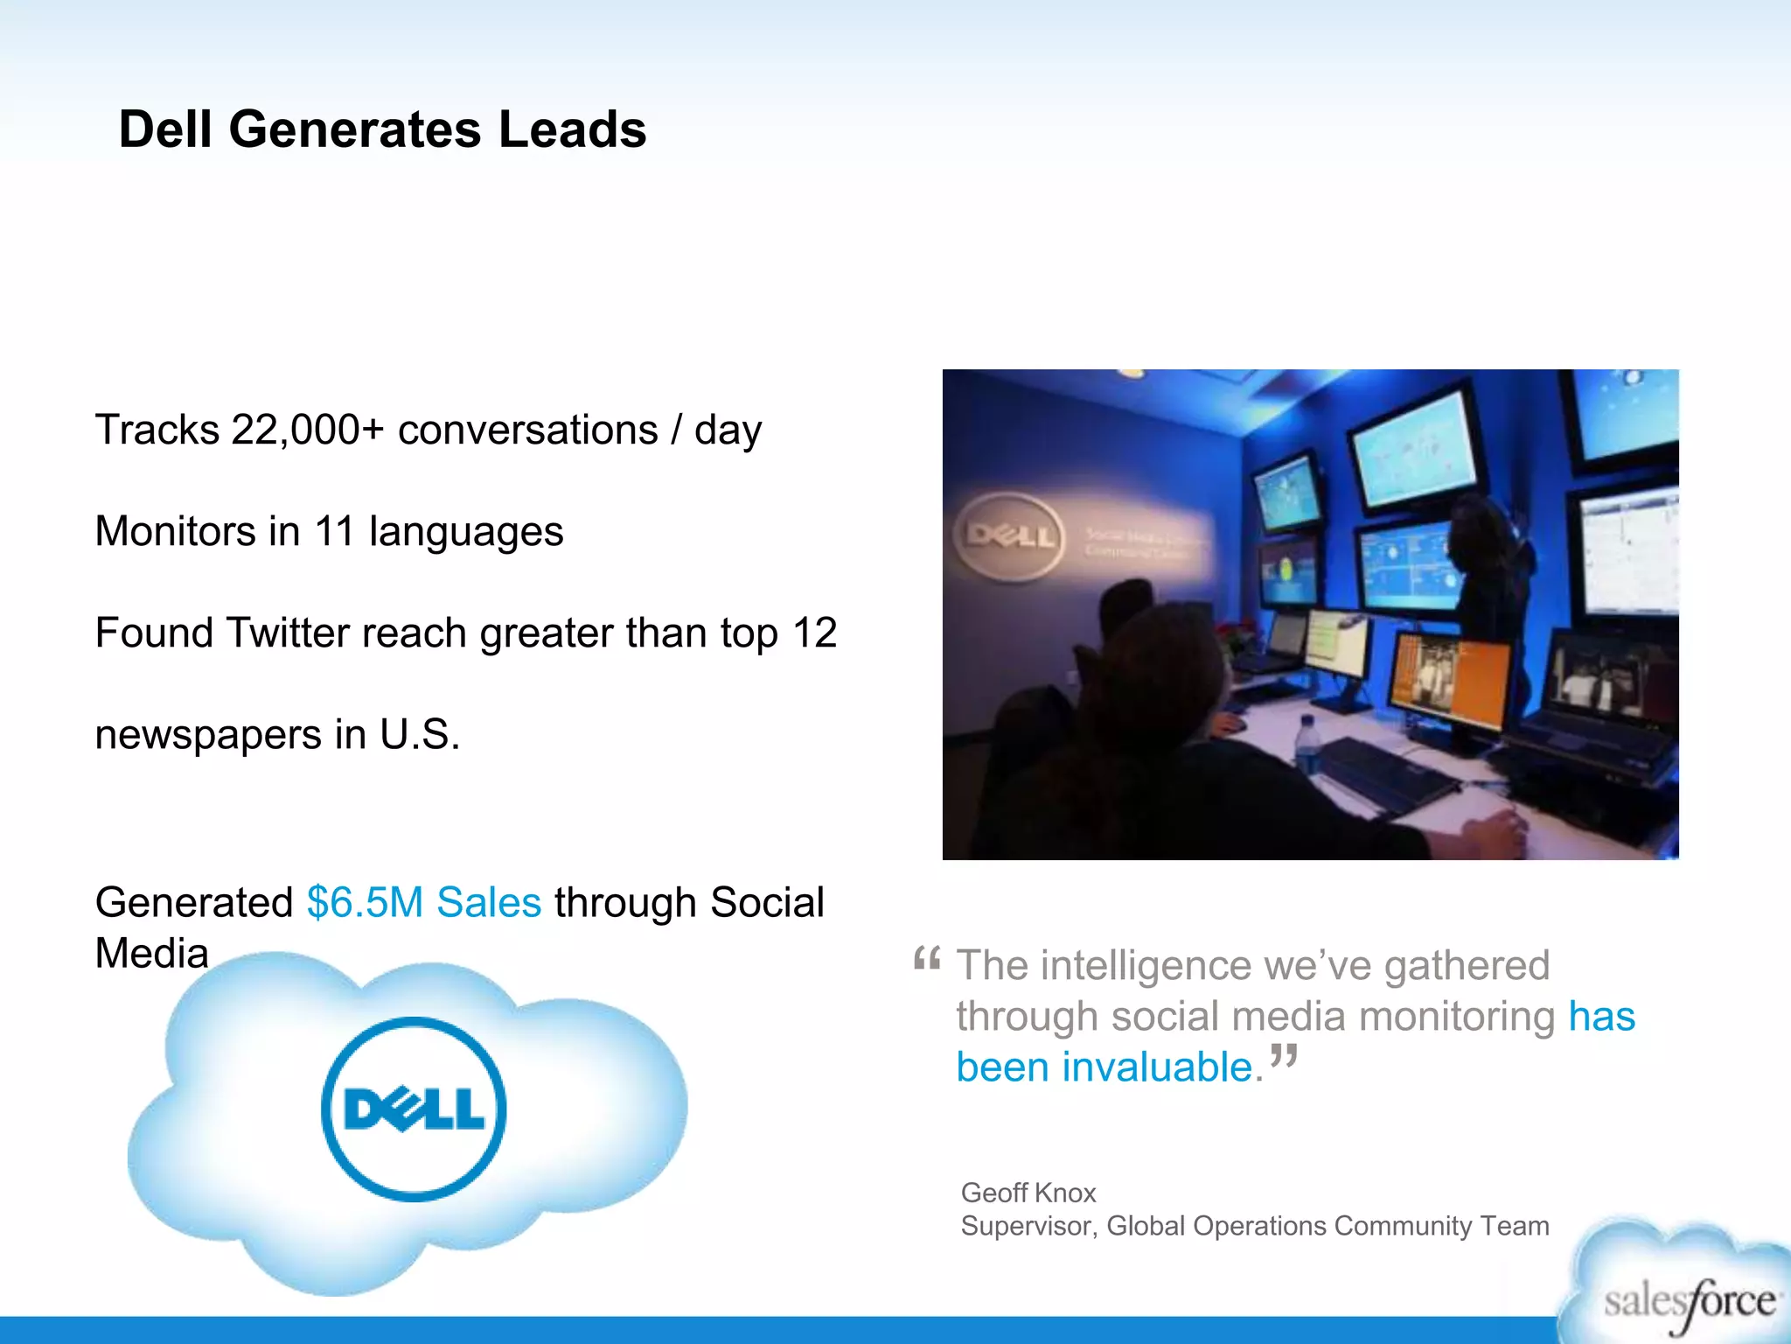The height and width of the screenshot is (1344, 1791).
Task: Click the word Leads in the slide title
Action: (572, 129)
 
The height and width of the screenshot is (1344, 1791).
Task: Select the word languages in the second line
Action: (466, 531)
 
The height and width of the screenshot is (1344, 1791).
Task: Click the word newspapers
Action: (208, 734)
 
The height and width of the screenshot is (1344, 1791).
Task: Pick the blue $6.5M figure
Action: (365, 902)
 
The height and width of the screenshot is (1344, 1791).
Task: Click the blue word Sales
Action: (489, 902)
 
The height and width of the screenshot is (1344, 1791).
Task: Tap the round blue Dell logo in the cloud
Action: (414, 1109)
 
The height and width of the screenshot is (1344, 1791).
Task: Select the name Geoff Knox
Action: (1028, 1193)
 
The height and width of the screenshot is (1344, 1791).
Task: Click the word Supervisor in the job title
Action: (1027, 1226)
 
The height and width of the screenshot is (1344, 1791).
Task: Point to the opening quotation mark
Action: (927, 960)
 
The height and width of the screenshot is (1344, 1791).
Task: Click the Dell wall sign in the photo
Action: (1009, 535)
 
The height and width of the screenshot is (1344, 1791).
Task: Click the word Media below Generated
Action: (152, 953)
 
